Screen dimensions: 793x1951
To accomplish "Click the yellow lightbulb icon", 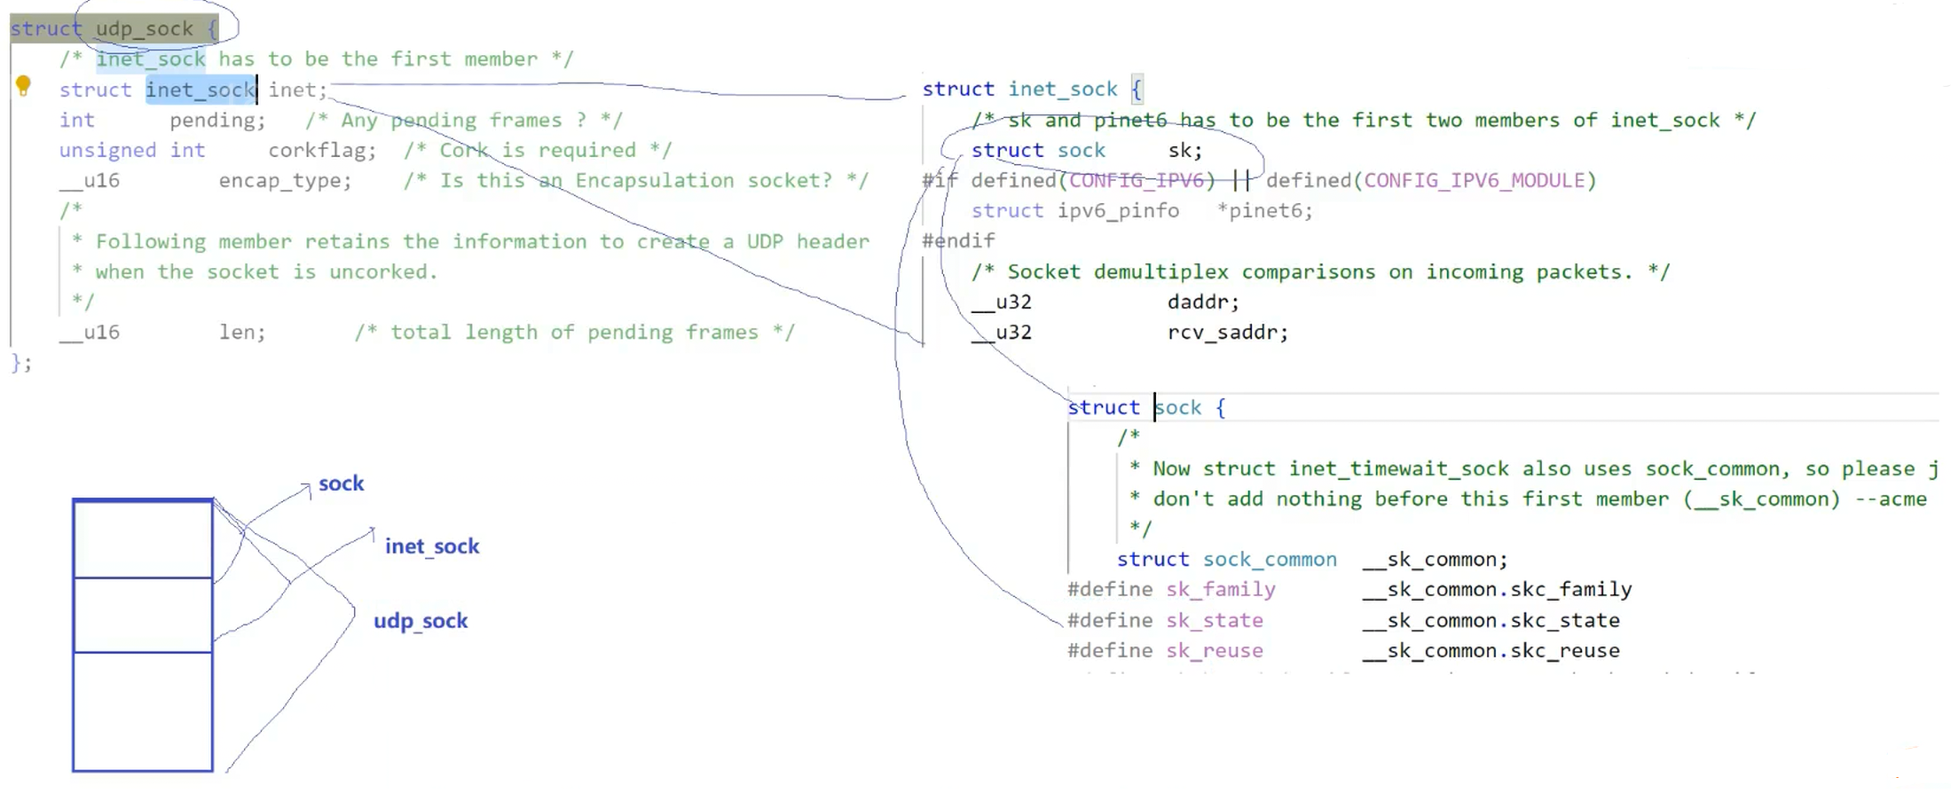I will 23,86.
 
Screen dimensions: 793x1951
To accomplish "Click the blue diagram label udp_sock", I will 420,621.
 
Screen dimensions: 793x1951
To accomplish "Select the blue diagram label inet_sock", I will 431,546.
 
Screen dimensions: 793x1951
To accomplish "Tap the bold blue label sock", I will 341,483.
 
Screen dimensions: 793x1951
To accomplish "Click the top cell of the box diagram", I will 142,538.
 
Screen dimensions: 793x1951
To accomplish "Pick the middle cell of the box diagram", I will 142,615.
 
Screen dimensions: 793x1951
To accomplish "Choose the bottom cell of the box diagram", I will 142,711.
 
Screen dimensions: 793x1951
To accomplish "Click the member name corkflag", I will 321,151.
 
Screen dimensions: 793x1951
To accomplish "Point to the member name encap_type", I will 284,181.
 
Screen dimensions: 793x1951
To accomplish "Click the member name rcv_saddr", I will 1227,333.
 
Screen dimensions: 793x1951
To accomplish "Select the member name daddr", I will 1202,302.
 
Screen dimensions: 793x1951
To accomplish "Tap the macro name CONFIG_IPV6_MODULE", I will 1474,181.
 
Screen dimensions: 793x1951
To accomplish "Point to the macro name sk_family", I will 1220,590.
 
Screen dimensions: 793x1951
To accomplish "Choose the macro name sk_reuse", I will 1214,651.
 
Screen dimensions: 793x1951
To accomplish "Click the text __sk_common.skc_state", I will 1491,621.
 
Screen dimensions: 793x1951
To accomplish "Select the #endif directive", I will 958,241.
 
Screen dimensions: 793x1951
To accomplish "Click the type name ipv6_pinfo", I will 1118,211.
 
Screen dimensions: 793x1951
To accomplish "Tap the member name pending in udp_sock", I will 216,121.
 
